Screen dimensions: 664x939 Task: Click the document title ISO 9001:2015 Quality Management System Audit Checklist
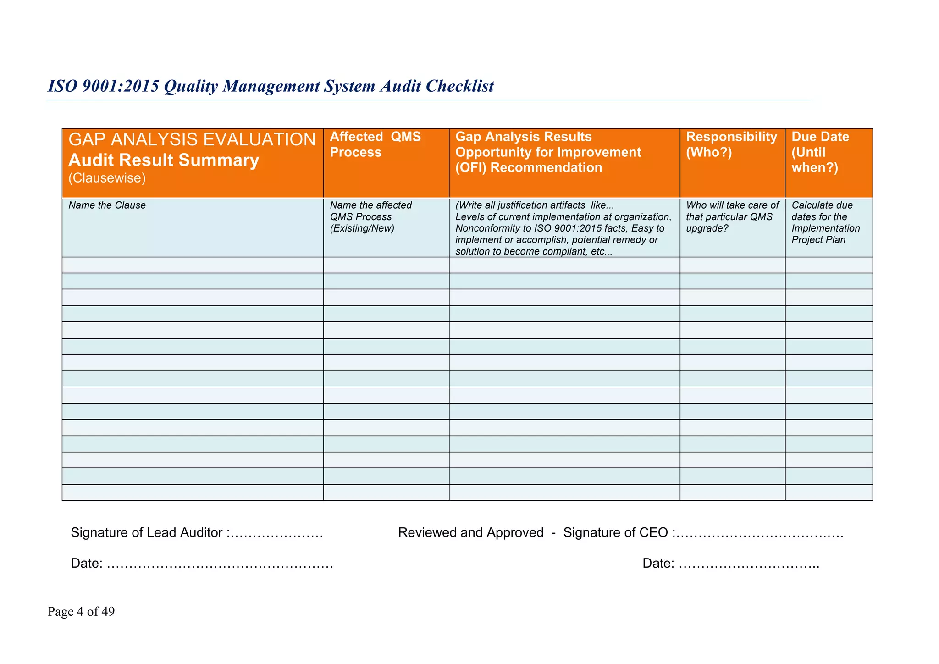pos(271,86)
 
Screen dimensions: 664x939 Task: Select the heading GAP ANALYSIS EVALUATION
pos(192,139)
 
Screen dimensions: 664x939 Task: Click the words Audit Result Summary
pos(164,160)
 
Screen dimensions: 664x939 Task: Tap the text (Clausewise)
pos(107,178)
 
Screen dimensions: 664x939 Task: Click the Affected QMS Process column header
pos(375,144)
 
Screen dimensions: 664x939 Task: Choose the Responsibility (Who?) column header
pos(731,144)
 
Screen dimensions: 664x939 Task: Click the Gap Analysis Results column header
pos(523,137)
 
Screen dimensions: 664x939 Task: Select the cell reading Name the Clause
pos(107,205)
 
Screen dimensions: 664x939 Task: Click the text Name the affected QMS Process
pos(370,216)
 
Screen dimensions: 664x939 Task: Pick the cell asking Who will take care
pos(732,216)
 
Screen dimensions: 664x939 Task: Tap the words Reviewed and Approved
pos(471,532)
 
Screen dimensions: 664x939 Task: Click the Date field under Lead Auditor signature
pos(202,563)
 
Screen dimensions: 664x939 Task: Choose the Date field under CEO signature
pos(731,563)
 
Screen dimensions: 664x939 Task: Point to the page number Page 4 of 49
pos(81,612)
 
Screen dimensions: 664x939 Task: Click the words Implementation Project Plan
pos(825,234)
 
